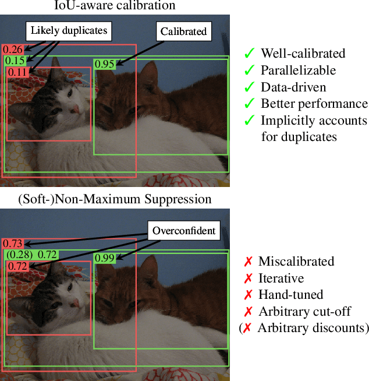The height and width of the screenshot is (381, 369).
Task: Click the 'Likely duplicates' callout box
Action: pos(69,30)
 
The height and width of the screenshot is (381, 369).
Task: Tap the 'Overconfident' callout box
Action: pos(184,230)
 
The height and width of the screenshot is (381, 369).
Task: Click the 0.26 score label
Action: pos(13,50)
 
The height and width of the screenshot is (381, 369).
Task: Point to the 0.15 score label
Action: pos(15,61)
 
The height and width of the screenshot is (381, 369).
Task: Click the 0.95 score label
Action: pos(105,64)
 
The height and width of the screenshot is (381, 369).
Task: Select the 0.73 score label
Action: pos(13,244)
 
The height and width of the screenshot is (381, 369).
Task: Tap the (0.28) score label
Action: pos(19,255)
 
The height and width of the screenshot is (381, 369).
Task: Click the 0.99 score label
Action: pos(105,257)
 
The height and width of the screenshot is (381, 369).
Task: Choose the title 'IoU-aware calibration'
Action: pos(115,6)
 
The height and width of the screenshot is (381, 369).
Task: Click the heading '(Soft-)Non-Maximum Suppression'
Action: pos(115,199)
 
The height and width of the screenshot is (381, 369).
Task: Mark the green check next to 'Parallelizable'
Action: pos(250,70)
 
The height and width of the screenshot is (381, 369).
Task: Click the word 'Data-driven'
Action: pos(293,87)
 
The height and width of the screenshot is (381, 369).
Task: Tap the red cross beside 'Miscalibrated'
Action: pos(248,262)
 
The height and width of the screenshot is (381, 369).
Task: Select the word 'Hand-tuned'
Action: pos(290,295)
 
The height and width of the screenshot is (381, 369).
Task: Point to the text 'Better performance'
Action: pos(314,104)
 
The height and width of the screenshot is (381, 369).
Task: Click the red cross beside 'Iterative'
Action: pos(248,278)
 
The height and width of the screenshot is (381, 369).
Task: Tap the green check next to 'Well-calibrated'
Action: pos(250,54)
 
